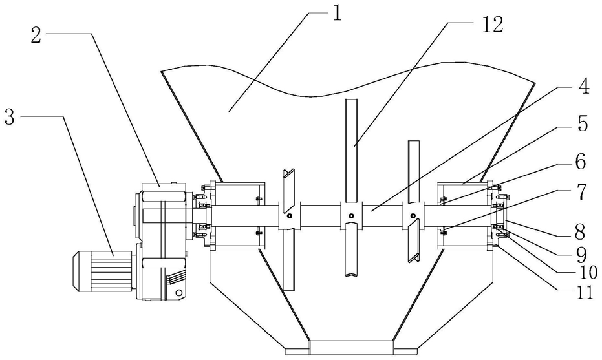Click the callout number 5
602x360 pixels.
(x=583, y=124)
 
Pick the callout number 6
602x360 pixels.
(x=583, y=159)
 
